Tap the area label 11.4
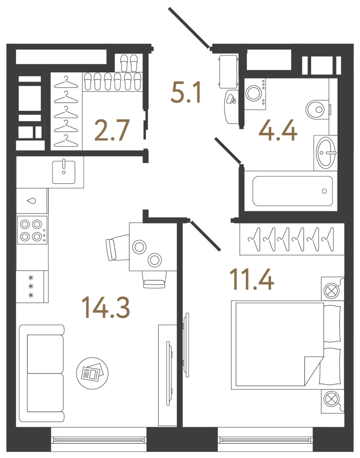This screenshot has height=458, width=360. click(x=252, y=280)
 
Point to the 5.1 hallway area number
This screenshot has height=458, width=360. click(x=186, y=92)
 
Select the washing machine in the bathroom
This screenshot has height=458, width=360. click(x=254, y=93)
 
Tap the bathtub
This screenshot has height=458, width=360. click(x=292, y=191)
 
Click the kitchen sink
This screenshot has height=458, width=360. click(x=64, y=172)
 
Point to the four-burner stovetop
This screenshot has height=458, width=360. click(x=32, y=230)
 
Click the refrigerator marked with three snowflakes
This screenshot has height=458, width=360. click(x=31, y=287)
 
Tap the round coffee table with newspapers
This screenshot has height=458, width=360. click(x=92, y=373)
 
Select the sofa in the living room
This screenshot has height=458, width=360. click(x=42, y=373)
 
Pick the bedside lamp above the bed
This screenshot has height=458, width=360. click(x=332, y=289)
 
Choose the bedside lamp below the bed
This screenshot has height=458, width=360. click(x=332, y=401)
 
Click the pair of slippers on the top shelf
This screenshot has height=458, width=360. click(x=129, y=63)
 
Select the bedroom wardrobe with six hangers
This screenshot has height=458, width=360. click(x=292, y=239)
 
